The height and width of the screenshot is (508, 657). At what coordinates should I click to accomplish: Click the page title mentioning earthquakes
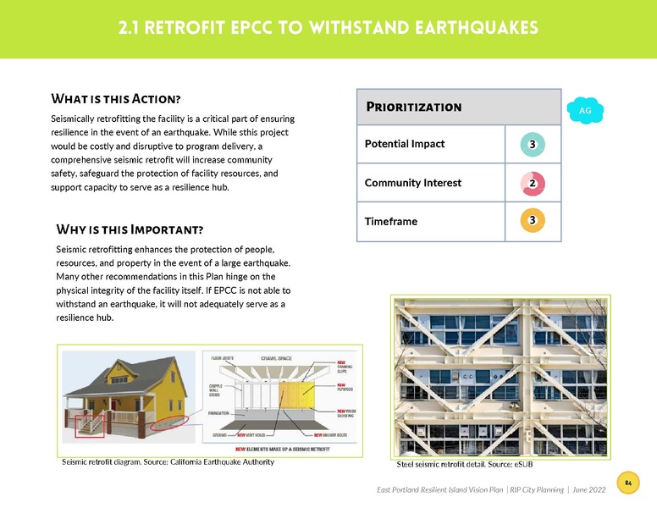328,28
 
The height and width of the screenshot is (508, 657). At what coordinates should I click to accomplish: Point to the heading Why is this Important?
129,229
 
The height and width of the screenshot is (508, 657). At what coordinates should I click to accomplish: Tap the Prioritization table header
413,107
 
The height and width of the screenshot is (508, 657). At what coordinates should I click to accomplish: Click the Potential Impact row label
405,144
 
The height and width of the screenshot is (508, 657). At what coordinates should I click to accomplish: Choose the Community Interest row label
412,183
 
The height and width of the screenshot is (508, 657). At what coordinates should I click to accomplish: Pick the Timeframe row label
391,221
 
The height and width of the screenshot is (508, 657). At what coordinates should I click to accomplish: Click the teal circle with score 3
532,144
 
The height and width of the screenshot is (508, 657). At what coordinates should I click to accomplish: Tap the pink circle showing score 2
532,183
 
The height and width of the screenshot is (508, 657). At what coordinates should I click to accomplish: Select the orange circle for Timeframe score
532,221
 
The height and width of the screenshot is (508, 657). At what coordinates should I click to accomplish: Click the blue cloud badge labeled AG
585,111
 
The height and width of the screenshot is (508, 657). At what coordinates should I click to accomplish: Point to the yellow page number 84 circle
628,483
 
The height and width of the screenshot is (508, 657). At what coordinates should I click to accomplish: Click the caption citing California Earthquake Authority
168,462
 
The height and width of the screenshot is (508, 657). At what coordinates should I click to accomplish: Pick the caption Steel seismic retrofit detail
465,465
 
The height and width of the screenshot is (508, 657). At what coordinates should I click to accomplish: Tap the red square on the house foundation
90,425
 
